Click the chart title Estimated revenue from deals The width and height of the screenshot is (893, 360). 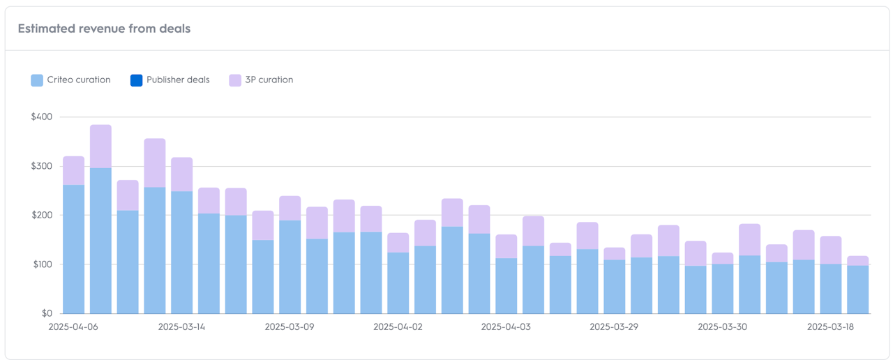coord(104,29)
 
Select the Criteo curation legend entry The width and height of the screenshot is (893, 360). coord(78,80)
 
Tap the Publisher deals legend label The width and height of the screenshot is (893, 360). coord(178,80)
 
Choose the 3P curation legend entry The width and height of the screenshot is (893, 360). coord(269,80)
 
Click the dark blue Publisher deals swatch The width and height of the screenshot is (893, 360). coord(136,80)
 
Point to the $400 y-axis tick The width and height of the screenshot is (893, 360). coord(41,117)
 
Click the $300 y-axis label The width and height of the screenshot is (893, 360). coord(41,166)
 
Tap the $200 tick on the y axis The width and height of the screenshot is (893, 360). coord(41,215)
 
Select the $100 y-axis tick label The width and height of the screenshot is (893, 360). coord(41,264)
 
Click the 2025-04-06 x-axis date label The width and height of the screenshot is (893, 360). coord(73,327)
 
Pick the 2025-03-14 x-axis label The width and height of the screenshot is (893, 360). coord(181,327)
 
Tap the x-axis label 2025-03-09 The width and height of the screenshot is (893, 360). coord(290,327)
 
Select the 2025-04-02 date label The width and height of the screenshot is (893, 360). coord(398,327)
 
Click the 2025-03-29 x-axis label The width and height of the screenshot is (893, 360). coord(614,327)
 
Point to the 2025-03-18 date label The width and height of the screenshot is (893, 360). coord(831,327)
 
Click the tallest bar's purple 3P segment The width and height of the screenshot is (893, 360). coord(100,146)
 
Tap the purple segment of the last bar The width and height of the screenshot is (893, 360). coord(858,260)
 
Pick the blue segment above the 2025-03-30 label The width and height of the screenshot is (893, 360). coord(723,289)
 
